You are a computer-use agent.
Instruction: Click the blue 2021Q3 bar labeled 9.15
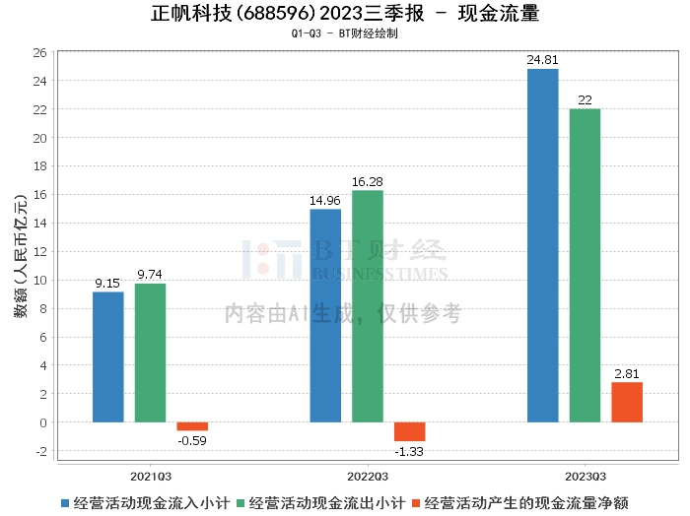[108, 356]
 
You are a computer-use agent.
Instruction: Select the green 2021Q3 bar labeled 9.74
[150, 353]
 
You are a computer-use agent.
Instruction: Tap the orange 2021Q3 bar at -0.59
[192, 426]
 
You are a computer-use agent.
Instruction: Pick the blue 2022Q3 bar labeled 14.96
[325, 315]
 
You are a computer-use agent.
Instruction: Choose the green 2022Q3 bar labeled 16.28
[368, 306]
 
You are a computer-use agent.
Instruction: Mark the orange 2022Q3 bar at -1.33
[410, 431]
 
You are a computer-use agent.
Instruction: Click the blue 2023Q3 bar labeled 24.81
[543, 245]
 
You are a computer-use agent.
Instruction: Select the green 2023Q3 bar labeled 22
[585, 265]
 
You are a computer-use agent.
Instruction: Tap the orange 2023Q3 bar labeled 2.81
[627, 402]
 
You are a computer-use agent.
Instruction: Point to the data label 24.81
[543, 60]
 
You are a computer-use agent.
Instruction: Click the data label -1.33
[410, 451]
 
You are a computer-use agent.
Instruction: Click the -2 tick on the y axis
[39, 451]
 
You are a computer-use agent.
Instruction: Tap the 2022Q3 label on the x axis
[368, 473]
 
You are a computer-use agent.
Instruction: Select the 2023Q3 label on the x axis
[585, 473]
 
